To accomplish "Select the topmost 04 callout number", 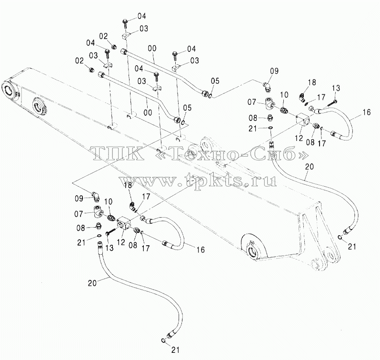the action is [x=142, y=16].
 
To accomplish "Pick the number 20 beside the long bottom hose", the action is [x=92, y=283].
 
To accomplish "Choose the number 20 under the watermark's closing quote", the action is [x=309, y=167].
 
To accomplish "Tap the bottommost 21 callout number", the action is [x=175, y=350].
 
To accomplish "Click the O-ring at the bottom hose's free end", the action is [x=163, y=340].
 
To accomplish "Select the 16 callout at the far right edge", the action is [x=367, y=112].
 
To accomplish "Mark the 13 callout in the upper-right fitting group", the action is [x=336, y=88].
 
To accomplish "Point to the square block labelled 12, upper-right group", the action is [x=303, y=120].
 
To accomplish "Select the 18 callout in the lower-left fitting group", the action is [x=128, y=186].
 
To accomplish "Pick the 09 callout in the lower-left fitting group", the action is [x=79, y=199].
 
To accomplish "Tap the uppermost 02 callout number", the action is [x=103, y=36].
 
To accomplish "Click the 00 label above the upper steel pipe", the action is [x=152, y=49].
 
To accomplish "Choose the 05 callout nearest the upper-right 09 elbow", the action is [x=215, y=81].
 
